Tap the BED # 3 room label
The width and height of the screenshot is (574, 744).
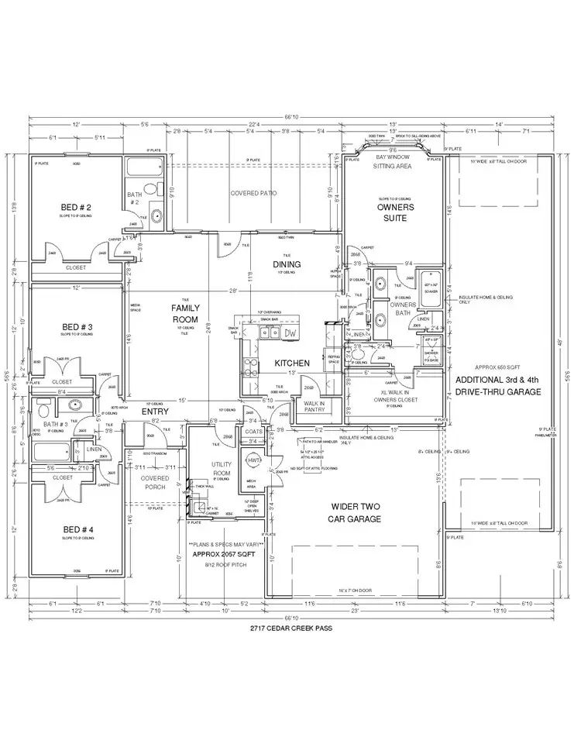(77, 327)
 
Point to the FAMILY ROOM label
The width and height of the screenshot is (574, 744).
(186, 313)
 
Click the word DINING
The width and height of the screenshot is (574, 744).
(287, 264)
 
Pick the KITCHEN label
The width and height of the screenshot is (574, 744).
(293, 363)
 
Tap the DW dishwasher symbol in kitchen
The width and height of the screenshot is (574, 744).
(290, 333)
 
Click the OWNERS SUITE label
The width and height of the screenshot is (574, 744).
(396, 212)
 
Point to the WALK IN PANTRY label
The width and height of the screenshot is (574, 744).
(314, 406)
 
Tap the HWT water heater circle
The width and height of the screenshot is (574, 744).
(252, 460)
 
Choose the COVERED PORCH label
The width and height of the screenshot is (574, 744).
(154, 482)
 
